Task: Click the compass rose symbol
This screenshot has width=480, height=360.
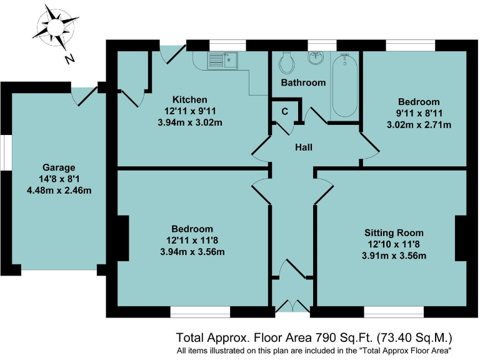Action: tap(54, 27)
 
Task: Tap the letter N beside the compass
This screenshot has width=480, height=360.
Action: tap(70, 59)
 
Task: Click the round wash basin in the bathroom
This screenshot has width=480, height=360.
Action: tap(316, 59)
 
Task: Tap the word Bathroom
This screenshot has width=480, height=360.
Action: tap(303, 82)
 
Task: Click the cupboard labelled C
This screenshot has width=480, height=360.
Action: tap(284, 112)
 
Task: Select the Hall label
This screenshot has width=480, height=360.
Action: tap(304, 147)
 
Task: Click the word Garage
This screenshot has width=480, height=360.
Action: tap(59, 167)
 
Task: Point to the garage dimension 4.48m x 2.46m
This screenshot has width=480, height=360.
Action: tap(59, 190)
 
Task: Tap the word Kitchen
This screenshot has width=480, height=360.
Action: tap(190, 99)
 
